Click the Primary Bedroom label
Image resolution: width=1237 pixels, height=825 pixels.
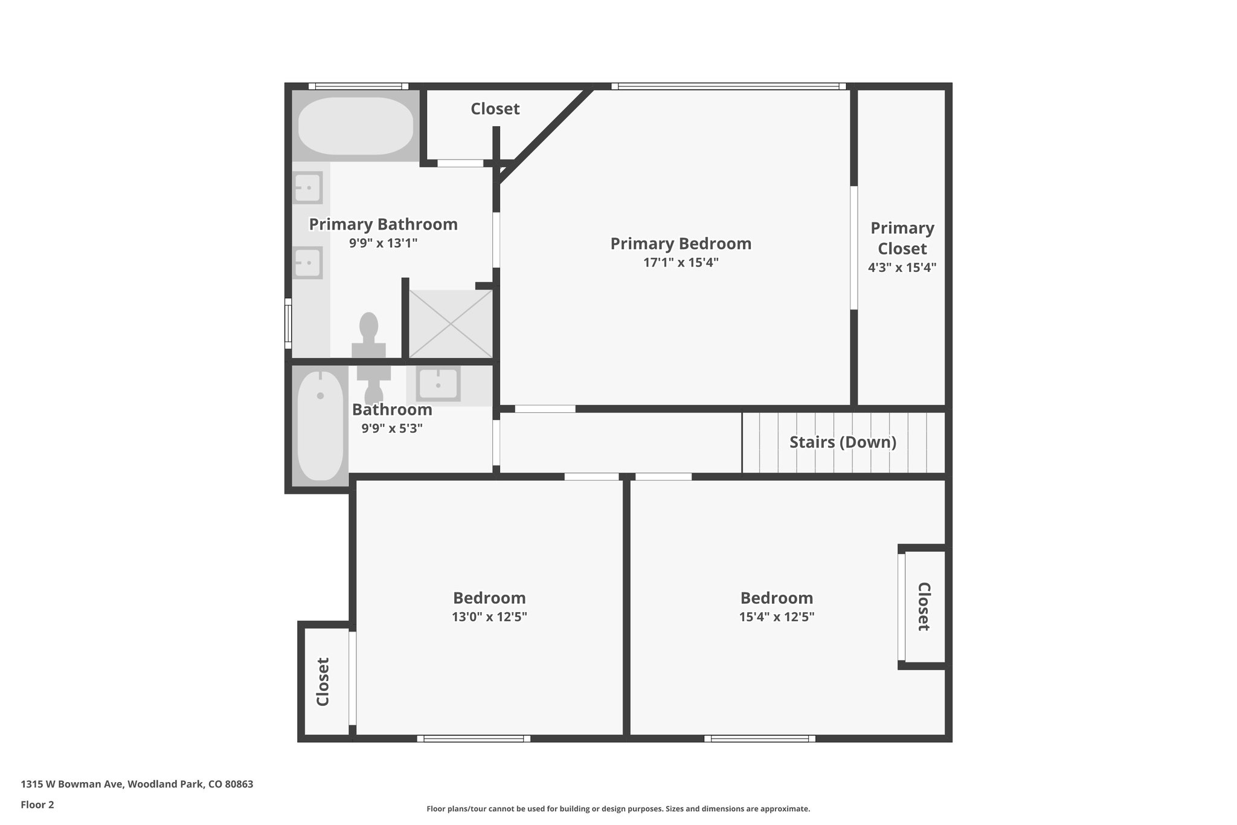(x=681, y=244)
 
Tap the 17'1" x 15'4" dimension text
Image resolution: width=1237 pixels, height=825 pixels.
(x=681, y=263)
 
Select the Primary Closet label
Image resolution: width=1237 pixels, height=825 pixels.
(x=902, y=238)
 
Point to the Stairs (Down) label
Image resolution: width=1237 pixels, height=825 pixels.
(x=843, y=442)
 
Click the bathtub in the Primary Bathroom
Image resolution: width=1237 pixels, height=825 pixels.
(x=356, y=126)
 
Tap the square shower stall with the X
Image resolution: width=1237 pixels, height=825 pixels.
(x=451, y=324)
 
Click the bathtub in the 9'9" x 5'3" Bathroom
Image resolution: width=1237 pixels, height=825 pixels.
(x=320, y=426)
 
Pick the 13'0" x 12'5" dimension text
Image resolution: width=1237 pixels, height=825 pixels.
(x=489, y=617)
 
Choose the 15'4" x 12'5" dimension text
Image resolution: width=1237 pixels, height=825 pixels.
(x=777, y=617)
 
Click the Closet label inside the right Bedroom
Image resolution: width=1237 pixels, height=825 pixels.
(x=923, y=606)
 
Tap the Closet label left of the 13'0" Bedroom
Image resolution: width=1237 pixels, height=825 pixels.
(x=323, y=682)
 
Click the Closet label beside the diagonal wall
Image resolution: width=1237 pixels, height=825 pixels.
(x=495, y=109)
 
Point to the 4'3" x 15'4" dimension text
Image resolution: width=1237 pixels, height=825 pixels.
(x=902, y=268)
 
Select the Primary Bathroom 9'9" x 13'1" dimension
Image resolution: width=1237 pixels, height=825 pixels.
(x=383, y=244)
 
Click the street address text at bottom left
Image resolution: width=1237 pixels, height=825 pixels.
(x=137, y=784)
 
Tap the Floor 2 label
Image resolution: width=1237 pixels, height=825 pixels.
(x=37, y=804)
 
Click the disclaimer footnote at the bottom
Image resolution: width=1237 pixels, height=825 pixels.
(x=618, y=809)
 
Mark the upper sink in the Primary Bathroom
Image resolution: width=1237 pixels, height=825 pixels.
(x=307, y=187)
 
